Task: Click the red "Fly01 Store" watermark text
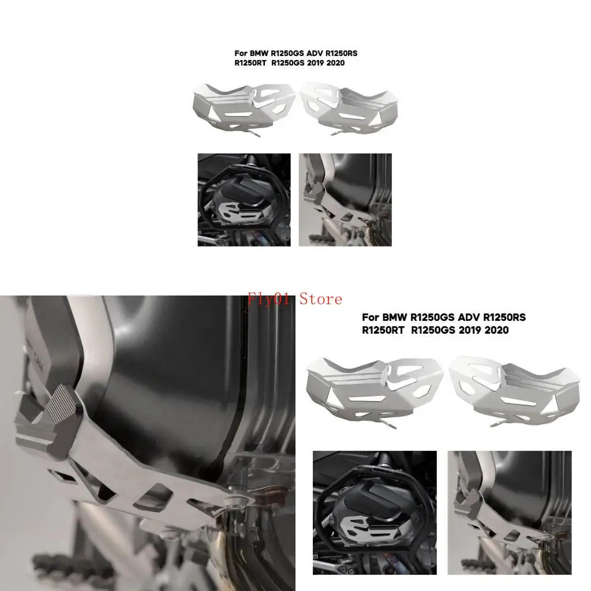pos(295,299)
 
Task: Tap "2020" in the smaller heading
pos(335,62)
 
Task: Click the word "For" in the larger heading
pos(371,317)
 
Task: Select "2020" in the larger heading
pos(497,330)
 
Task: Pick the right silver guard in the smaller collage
pos(350,109)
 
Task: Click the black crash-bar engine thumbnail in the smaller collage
pos(244,200)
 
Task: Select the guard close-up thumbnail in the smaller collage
pos(345,200)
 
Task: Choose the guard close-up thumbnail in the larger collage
pos(509,513)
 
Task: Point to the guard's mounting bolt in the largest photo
pos(236,500)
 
